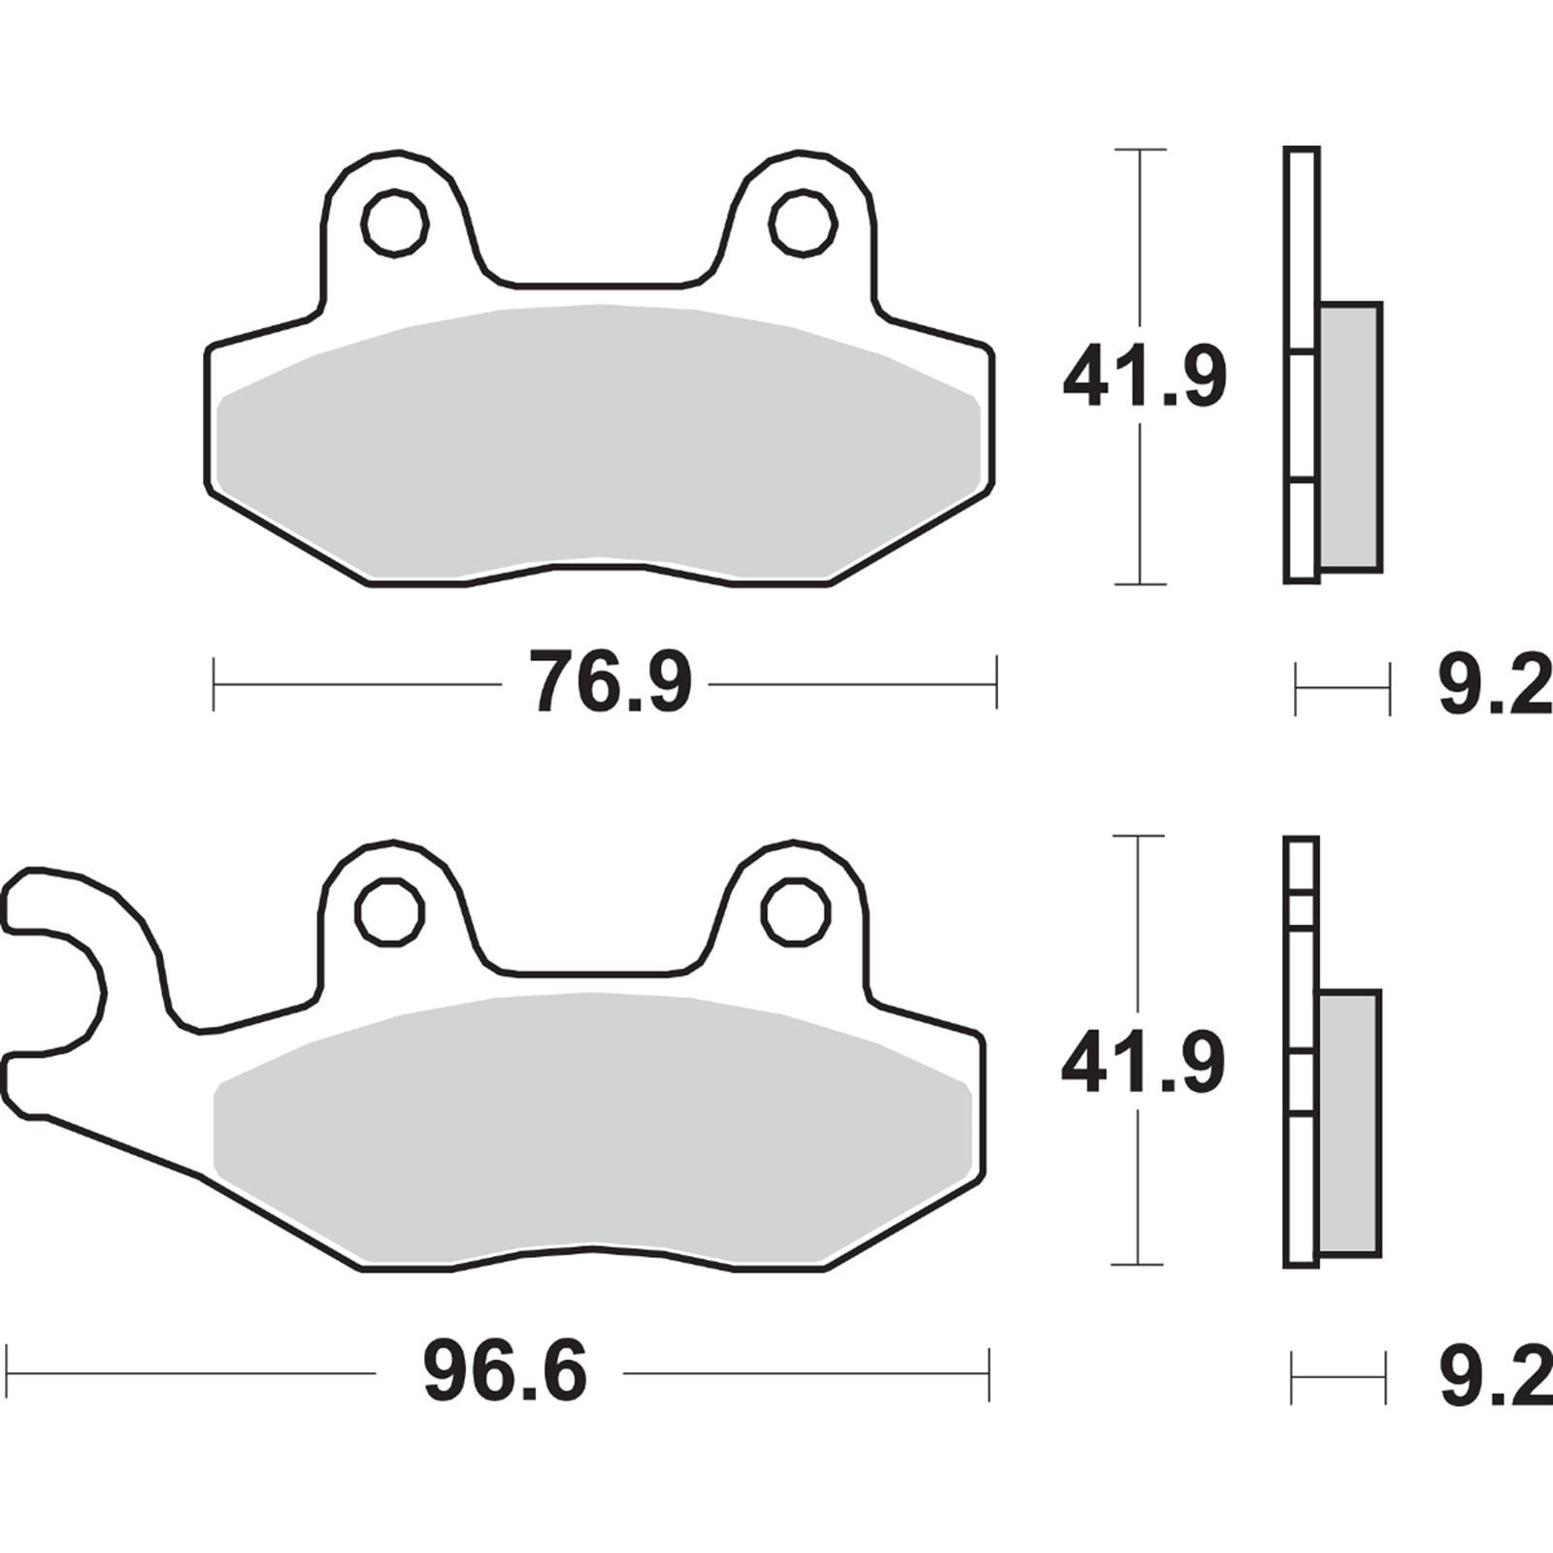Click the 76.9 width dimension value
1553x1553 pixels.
(610, 683)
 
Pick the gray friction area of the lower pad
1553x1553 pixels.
(592, 1126)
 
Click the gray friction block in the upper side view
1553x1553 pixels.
(1350, 437)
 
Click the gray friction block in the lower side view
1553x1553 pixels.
(1349, 1123)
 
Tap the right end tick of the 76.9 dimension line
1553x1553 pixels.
(996, 683)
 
